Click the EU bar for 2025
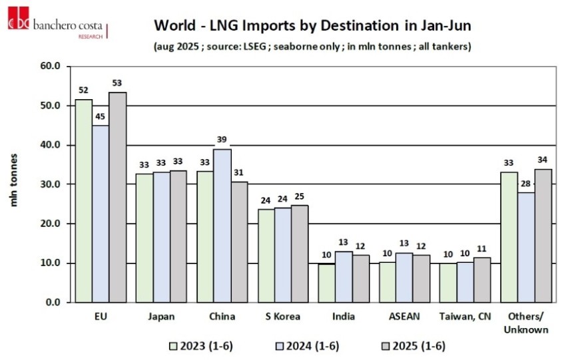coord(118,197)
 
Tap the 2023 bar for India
coord(326,283)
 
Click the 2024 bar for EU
coord(101,214)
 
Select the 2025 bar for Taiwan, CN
coord(481,280)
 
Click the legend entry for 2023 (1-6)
coord(199,346)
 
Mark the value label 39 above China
coord(222,139)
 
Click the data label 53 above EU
coord(118,83)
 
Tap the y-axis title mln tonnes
coord(14,180)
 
